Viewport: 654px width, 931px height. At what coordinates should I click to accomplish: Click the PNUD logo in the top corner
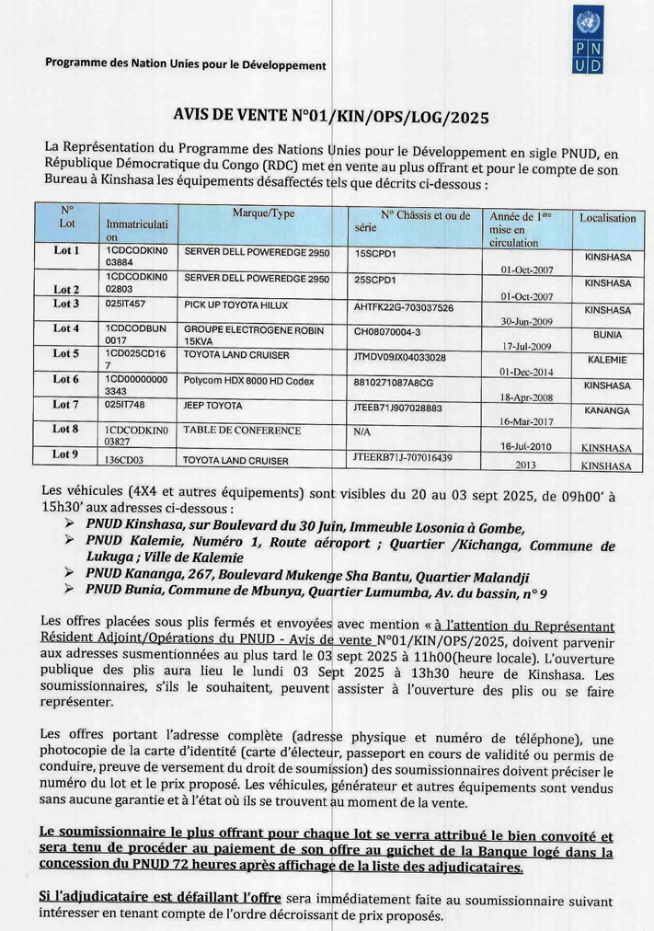tap(588, 40)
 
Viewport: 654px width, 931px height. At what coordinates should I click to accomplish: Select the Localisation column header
tap(607, 218)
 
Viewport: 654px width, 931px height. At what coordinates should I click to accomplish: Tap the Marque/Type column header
tap(263, 213)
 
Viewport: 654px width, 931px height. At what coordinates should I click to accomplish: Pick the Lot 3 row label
tap(66, 304)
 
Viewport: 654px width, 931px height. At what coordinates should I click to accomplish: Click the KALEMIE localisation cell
tap(607, 360)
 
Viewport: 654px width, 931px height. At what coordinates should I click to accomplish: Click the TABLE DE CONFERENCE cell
tap(242, 430)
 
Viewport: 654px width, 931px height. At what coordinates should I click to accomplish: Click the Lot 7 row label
tap(66, 404)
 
